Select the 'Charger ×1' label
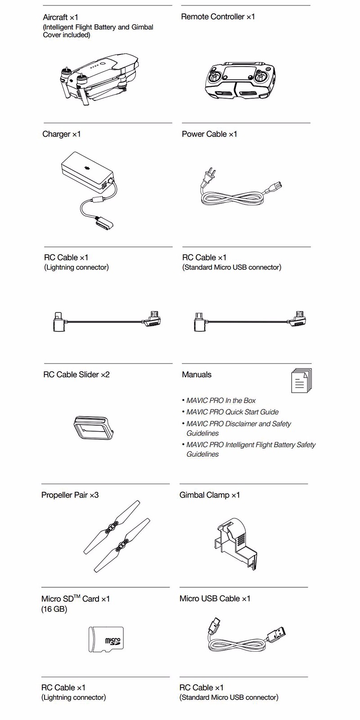pyautogui.click(x=62, y=134)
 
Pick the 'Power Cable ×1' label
pyautogui.click(x=209, y=134)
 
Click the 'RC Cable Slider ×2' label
pyautogui.click(x=76, y=374)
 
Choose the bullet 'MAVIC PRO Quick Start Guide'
pyautogui.click(x=232, y=412)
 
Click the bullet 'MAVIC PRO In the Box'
pyautogui.click(x=221, y=400)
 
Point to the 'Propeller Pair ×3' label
pyautogui.click(x=70, y=495)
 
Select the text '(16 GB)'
pyautogui.click(x=54, y=609)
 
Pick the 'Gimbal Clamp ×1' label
pyautogui.click(x=210, y=495)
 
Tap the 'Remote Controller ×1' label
pyautogui.click(x=218, y=17)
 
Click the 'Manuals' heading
pyautogui.click(x=197, y=374)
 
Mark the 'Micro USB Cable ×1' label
pyautogui.click(x=215, y=598)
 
